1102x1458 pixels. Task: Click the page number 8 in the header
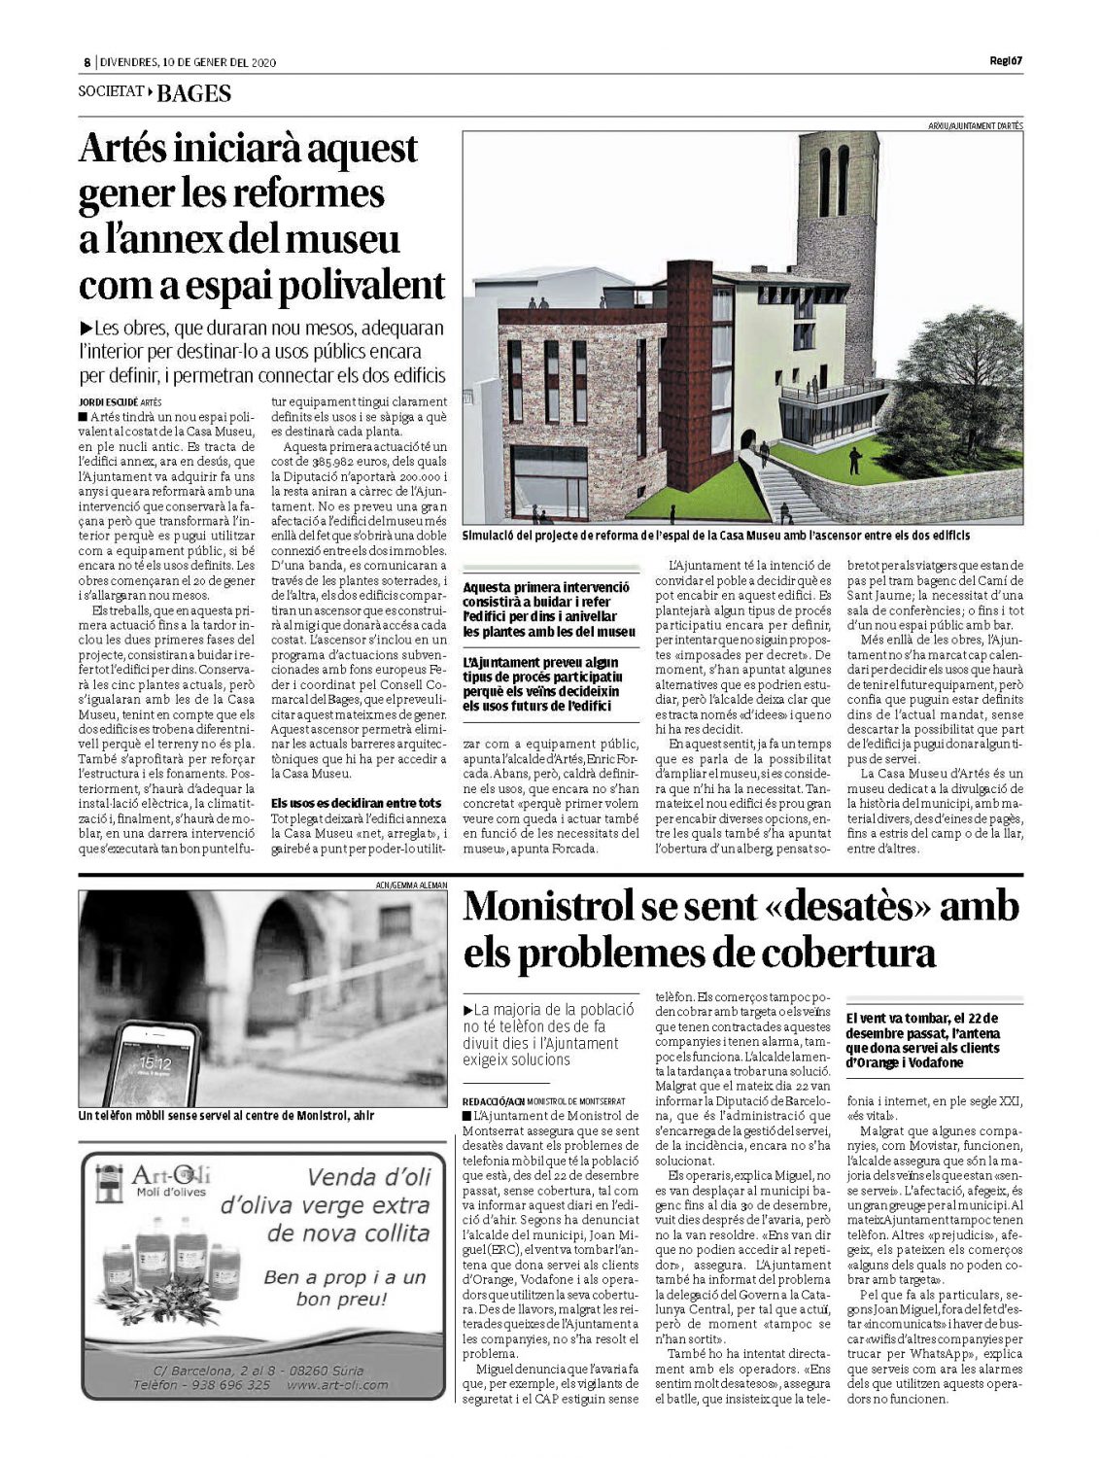pyautogui.click(x=86, y=63)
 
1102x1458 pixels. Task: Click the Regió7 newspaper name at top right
pyautogui.click(x=1005, y=62)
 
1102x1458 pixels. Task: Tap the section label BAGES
pyautogui.click(x=193, y=93)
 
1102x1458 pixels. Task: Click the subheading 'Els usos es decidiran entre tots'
pyautogui.click(x=356, y=803)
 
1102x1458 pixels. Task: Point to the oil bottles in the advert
pyautogui.click(x=167, y=1267)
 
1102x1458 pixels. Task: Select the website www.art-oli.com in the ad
pyautogui.click(x=336, y=1385)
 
